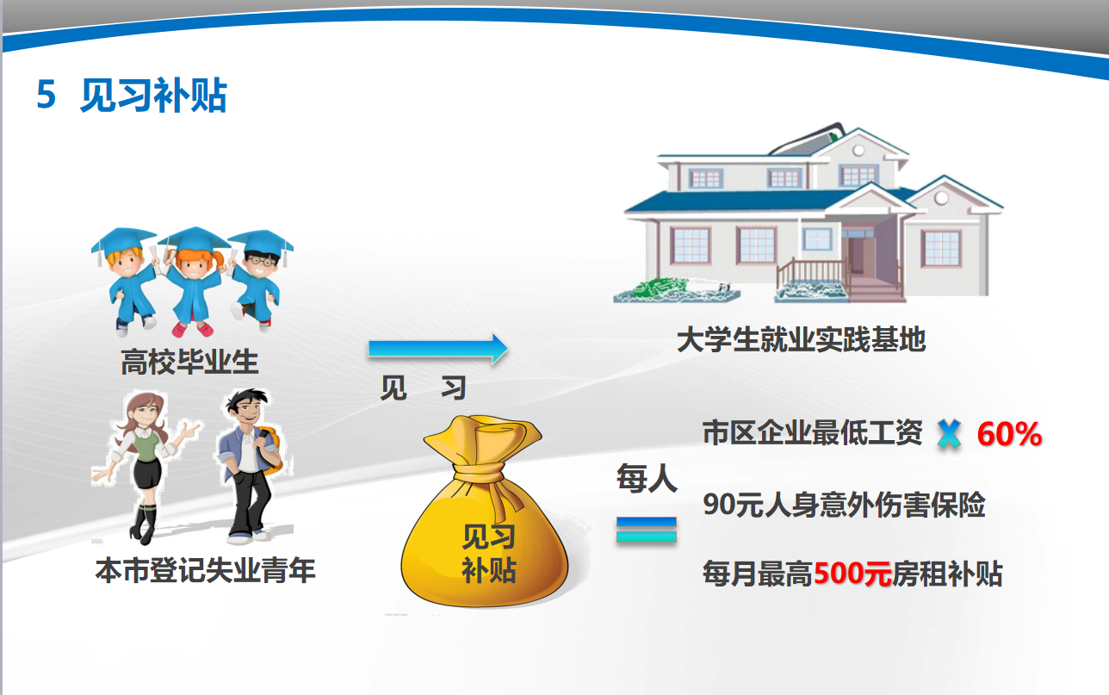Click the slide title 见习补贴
coord(153,95)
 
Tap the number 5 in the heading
coord(46,95)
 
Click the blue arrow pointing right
coord(437,349)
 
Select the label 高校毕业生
coord(189,362)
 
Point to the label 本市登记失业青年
coord(206,571)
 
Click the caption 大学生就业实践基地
coord(801,339)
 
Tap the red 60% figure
coord(1009,434)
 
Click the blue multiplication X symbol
coord(949,434)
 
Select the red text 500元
coord(852,574)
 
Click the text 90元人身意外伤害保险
coord(844,505)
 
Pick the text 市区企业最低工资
coord(813,432)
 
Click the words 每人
coord(647,479)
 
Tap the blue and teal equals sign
coord(647,530)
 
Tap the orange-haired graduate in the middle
coord(194,281)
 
